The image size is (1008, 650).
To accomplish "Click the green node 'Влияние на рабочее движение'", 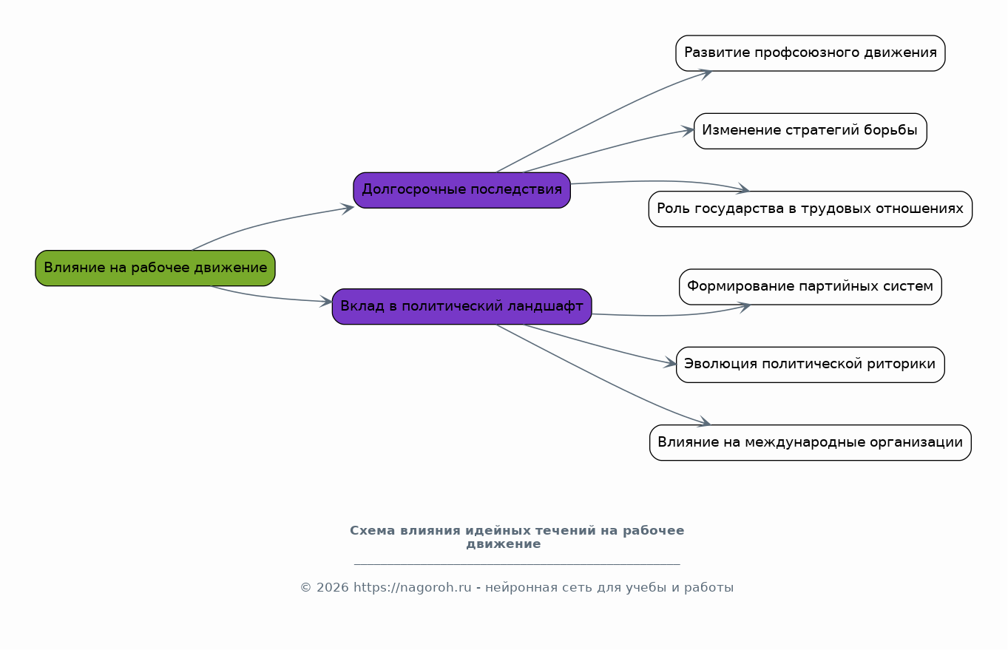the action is (x=155, y=268).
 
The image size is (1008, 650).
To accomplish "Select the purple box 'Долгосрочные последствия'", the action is (x=461, y=190).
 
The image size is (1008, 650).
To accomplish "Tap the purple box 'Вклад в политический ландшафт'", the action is (x=461, y=307).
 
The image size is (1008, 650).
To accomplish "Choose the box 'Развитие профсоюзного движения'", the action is (x=811, y=53).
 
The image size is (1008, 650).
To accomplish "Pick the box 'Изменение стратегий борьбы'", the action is (x=811, y=131).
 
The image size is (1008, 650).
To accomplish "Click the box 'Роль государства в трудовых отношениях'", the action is (x=811, y=209).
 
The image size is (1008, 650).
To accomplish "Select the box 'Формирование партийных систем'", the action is (x=811, y=287).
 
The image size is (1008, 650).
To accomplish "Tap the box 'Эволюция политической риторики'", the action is (x=811, y=365).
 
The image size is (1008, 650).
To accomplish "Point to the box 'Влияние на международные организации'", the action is (x=811, y=443).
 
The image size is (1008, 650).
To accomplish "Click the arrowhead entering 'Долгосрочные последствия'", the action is (x=348, y=209).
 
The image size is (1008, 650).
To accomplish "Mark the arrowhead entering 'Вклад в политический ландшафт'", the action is (x=326, y=302).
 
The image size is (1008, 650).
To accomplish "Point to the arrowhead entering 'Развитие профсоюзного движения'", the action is (x=705, y=74).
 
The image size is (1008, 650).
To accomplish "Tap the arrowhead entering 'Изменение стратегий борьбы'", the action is (x=688, y=131).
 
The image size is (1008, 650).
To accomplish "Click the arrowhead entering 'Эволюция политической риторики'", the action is (x=670, y=363).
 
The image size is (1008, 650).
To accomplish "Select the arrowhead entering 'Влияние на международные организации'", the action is (x=704, y=422).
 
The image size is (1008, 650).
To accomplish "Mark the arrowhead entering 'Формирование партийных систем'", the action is (x=743, y=307).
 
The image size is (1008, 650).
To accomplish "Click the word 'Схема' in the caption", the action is (x=372, y=531).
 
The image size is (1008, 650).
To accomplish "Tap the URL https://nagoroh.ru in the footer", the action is (x=412, y=587).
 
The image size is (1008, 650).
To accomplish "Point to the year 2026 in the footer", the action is (x=333, y=587).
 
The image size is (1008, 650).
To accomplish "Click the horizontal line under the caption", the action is (x=517, y=563).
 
